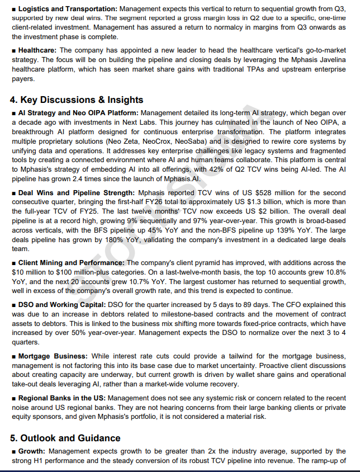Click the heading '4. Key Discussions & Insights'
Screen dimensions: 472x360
[x=77, y=100]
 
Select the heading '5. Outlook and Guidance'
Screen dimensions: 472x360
[x=65, y=438]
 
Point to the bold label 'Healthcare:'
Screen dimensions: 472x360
[x=37, y=50]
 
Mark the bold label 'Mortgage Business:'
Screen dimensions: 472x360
[x=53, y=356]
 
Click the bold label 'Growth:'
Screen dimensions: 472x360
[x=32, y=451]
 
